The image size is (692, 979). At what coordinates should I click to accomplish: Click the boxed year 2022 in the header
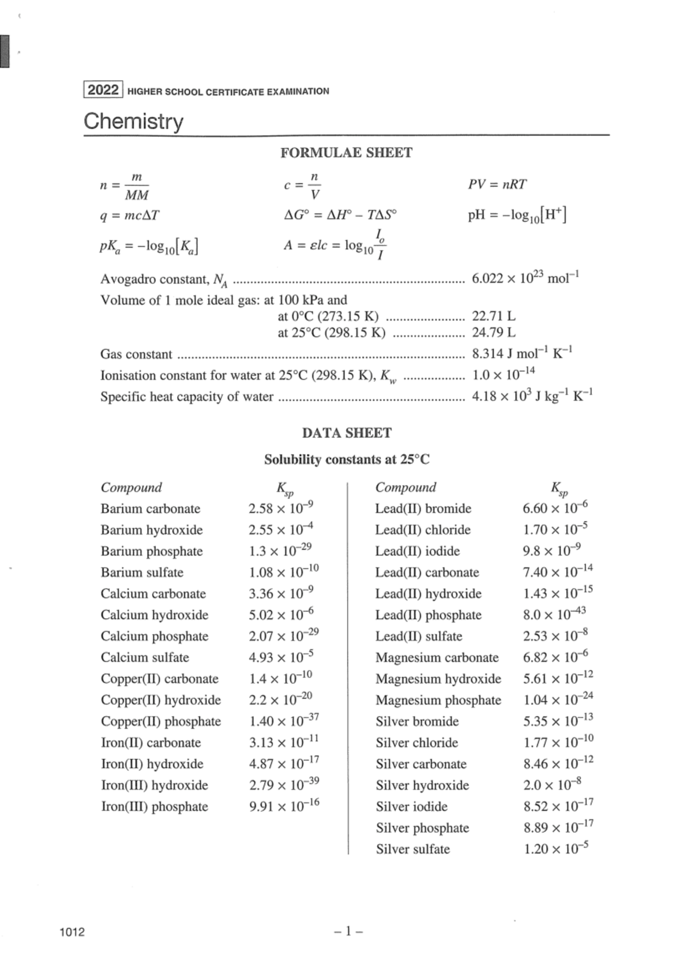pos(103,91)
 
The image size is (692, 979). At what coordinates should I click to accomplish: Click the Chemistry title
pos(133,121)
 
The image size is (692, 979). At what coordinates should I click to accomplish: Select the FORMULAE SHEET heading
pos(346,153)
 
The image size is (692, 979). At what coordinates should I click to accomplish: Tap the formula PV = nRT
pos(497,184)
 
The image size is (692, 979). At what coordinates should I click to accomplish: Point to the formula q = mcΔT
pos(130,216)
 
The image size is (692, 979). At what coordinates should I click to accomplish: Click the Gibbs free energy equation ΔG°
pos(340,216)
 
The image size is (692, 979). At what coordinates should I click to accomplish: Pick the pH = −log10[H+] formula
pos(517,216)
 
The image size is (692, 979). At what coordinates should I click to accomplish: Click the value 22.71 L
pos(494,316)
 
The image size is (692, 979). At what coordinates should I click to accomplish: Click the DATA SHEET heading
pos(347,433)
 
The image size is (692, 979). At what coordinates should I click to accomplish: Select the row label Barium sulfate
pos(142,573)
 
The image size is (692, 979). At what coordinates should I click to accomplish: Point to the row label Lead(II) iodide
pos(418,551)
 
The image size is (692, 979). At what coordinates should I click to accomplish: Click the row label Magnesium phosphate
pos(438,700)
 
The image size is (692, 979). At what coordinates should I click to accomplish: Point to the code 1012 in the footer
pos(72,932)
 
